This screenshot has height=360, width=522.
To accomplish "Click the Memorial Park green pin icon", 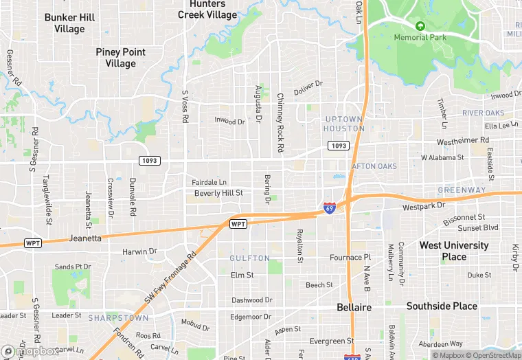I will [420, 26].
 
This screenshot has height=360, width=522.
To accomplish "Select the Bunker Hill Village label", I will [69, 23].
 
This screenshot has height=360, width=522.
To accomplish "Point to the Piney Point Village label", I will [120, 58].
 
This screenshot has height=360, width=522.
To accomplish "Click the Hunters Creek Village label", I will [207, 9].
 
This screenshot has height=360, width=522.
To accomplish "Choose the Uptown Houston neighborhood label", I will [345, 124].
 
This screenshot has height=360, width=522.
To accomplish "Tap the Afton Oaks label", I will [374, 166].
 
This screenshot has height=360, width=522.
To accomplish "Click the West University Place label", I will [454, 251].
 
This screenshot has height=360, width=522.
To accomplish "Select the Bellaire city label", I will [354, 307].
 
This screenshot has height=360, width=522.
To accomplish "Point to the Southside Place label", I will [442, 306].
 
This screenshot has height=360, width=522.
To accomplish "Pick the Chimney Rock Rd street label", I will [280, 122].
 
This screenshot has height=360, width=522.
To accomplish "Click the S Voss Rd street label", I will [185, 106].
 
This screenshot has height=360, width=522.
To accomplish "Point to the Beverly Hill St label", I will [218, 193].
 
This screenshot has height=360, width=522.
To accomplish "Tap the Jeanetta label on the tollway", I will [86, 239].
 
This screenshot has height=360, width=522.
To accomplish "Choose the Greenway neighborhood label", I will [462, 190].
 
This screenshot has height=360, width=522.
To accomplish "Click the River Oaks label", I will [483, 113].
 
